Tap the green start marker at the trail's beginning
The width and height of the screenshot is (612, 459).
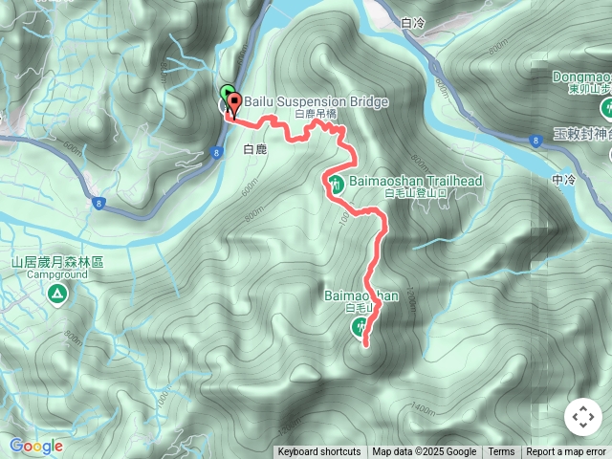point(226,95)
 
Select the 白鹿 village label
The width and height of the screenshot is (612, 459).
point(255,149)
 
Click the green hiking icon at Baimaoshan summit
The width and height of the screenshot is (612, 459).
point(360,329)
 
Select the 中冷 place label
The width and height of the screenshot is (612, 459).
point(564,179)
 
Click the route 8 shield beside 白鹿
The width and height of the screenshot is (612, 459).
point(218,150)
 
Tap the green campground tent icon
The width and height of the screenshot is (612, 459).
point(56,294)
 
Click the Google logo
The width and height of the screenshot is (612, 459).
point(36,446)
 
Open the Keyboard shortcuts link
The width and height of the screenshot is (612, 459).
point(319,452)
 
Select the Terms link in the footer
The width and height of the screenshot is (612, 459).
point(501,452)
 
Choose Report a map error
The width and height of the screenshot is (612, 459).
point(566,452)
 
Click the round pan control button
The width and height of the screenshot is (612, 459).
point(582,417)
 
